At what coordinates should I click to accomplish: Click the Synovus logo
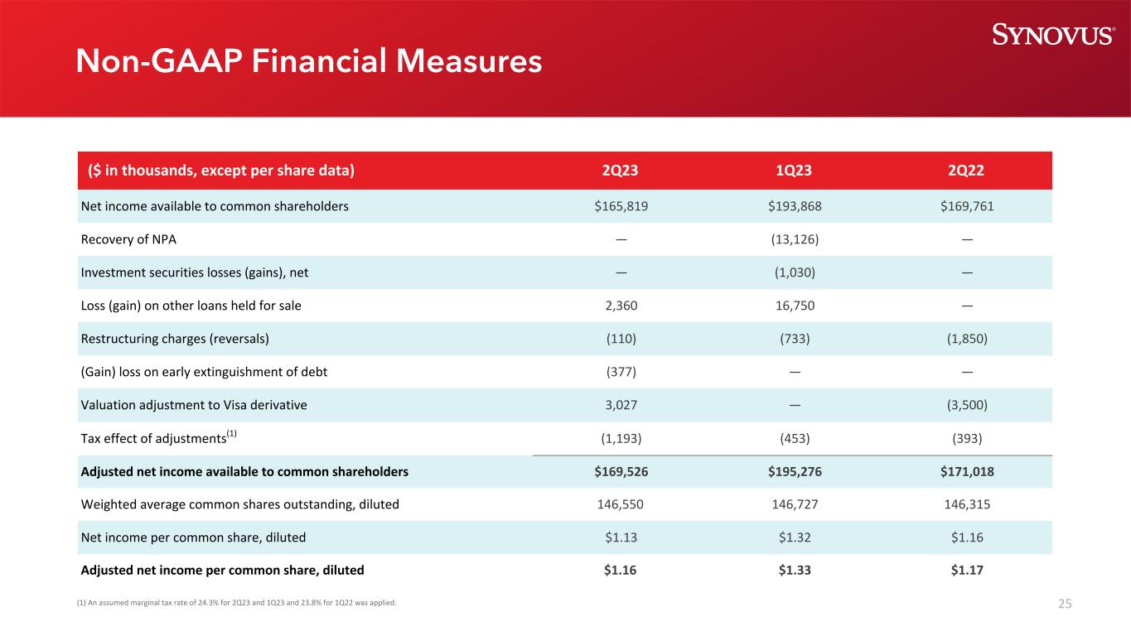(x=1053, y=34)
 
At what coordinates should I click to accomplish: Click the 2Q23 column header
(x=620, y=170)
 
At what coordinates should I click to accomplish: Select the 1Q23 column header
(x=794, y=170)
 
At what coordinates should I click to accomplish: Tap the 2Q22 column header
(x=966, y=170)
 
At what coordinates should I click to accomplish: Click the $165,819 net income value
(x=621, y=206)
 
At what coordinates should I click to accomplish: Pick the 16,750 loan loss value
(x=795, y=306)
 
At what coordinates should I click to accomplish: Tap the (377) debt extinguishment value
(x=621, y=372)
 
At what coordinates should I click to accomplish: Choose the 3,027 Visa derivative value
(x=621, y=405)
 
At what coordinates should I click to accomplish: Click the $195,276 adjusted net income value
(x=795, y=471)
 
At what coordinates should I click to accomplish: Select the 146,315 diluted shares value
(x=967, y=504)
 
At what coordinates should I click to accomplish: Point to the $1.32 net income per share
(x=795, y=537)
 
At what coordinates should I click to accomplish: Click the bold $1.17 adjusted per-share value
(x=967, y=570)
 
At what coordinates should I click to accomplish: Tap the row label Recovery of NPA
(x=128, y=239)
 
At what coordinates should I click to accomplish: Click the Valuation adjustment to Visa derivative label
(x=194, y=405)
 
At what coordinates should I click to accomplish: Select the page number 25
(x=1065, y=604)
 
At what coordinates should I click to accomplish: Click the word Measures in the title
(x=469, y=61)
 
